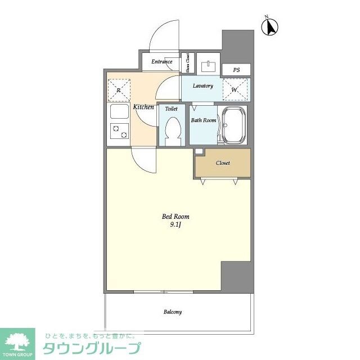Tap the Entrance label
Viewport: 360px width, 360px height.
(x=161, y=61)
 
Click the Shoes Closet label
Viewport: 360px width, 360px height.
(x=188, y=63)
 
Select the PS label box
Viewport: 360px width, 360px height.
(x=237, y=70)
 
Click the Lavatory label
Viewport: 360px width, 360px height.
(x=202, y=86)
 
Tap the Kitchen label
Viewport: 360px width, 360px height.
(x=143, y=107)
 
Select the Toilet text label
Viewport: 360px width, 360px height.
(x=171, y=109)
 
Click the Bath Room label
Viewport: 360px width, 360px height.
(x=203, y=120)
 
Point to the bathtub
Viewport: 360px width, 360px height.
(x=234, y=125)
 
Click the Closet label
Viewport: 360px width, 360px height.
(x=223, y=163)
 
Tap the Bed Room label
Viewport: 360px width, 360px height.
(x=175, y=217)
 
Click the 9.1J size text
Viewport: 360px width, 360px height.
(x=175, y=225)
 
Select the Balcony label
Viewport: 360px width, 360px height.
(x=173, y=312)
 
